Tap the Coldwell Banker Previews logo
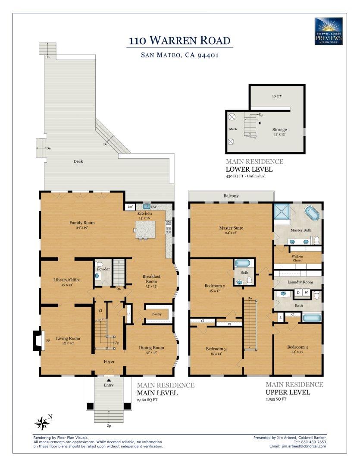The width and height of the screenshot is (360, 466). coord(329,31)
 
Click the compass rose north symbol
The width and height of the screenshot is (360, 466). coord(42,423)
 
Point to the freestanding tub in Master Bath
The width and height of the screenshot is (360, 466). coord(313,214)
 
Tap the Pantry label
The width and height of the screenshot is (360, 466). coord(157,314)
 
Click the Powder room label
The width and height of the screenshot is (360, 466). coord(103,269)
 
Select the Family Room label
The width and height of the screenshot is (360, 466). coord(82,223)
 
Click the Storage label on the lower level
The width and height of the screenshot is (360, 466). coord(279,129)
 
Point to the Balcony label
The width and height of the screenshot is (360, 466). coord(231,196)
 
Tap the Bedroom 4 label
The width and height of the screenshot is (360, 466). coord(298,347)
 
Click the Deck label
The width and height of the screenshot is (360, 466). coord(78,161)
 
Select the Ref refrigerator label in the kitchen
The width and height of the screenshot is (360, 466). coord(130,207)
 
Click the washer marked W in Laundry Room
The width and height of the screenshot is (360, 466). coord(307,293)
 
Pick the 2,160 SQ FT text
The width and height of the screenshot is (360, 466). coord(147,400)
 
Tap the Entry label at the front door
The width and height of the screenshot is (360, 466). coord(109,385)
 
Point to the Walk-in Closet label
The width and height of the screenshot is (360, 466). coord(298,258)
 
